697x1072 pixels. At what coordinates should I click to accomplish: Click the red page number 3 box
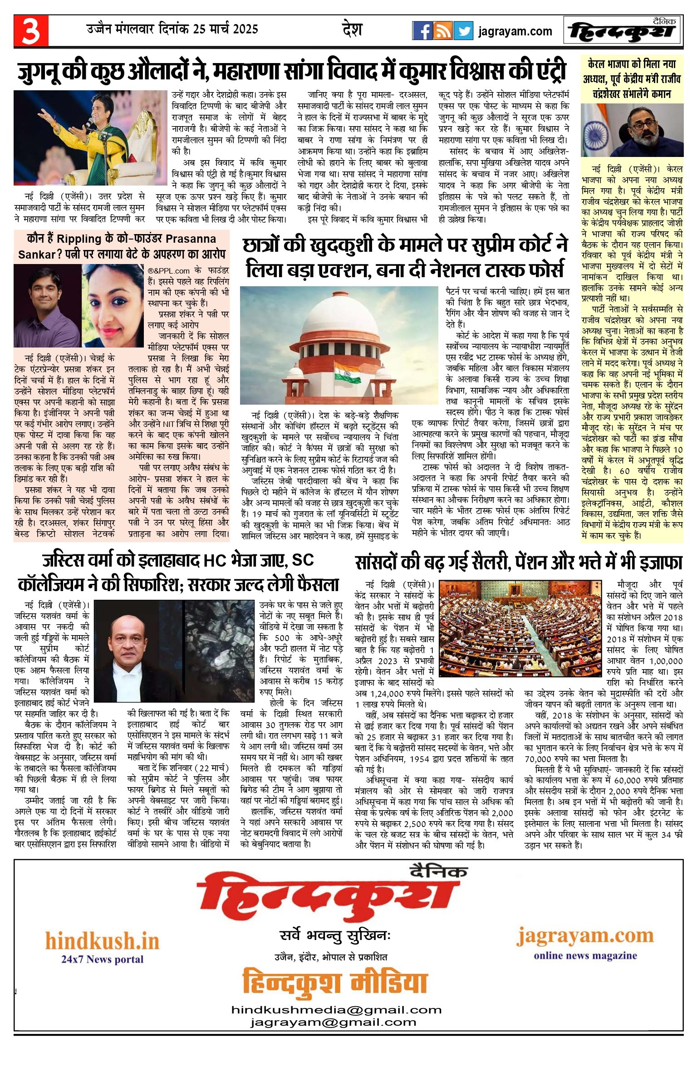31,31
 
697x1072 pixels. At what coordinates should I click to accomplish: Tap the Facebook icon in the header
422,31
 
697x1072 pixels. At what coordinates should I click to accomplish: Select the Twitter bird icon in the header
463,31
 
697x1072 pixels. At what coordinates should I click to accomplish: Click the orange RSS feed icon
442,31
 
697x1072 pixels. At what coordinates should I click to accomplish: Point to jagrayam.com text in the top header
515,31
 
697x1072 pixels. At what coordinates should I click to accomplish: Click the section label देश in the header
352,30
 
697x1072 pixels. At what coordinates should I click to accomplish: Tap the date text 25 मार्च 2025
225,29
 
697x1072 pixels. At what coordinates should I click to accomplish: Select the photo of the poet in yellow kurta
91,137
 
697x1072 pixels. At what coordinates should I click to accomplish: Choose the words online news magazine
585,956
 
